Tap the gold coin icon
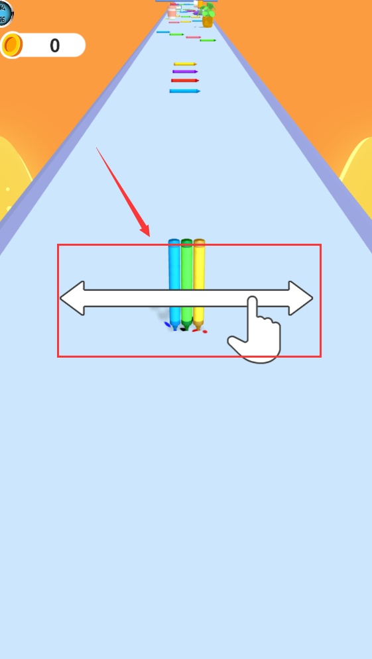11,45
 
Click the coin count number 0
54,46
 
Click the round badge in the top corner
6,13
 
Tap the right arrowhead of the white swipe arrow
300,299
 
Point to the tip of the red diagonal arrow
149,236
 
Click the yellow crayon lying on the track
185,64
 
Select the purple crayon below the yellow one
185,72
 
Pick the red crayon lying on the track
185,80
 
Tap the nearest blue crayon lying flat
185,91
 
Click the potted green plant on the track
208,15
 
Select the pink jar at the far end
172,11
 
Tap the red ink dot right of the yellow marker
205,332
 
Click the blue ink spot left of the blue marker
167,324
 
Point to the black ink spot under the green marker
183,330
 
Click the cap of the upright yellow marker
199,242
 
